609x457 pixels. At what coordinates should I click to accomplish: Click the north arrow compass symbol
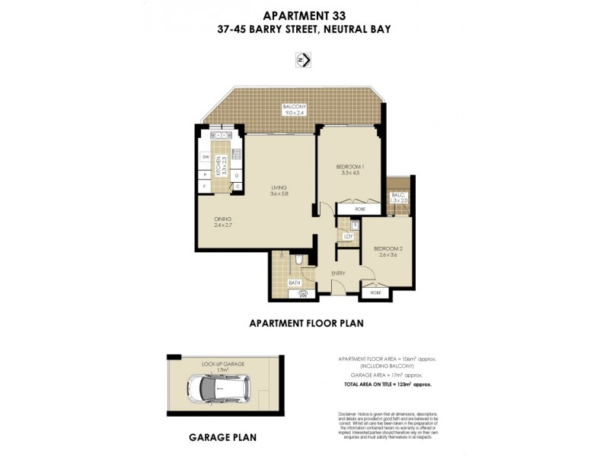pyautogui.click(x=304, y=60)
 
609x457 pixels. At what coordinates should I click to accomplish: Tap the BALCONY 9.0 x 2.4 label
pyautogui.click(x=293, y=109)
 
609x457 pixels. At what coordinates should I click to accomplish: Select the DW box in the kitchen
pyautogui.click(x=206, y=157)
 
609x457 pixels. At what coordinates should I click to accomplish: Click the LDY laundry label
pyautogui.click(x=349, y=236)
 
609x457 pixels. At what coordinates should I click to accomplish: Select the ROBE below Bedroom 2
pyautogui.click(x=375, y=291)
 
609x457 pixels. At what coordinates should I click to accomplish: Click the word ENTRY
pyautogui.click(x=338, y=273)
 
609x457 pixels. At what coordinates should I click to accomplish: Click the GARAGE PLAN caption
pyautogui.click(x=222, y=438)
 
